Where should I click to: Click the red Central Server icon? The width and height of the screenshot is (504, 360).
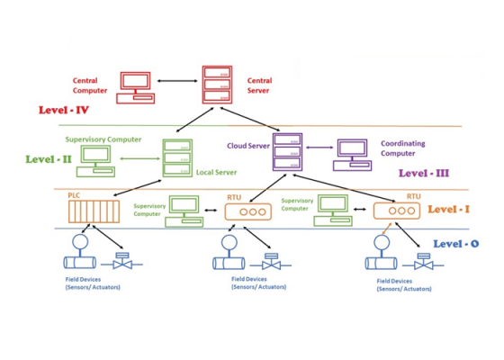click(x=217, y=85)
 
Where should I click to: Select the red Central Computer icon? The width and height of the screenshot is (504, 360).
click(x=135, y=88)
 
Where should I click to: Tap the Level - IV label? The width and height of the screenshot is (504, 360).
click(x=64, y=110)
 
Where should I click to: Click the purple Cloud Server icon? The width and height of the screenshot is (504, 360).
click(x=288, y=152)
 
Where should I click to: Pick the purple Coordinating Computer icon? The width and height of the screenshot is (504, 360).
click(x=352, y=155)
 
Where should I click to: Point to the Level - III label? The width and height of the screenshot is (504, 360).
click(x=424, y=173)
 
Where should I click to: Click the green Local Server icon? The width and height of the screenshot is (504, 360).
click(x=177, y=158)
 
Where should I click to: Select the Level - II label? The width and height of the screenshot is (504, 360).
click(x=49, y=159)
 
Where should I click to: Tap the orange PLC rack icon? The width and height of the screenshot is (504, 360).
click(x=94, y=211)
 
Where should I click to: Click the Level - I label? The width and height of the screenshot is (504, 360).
click(x=448, y=209)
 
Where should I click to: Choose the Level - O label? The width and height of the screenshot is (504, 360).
click(x=456, y=244)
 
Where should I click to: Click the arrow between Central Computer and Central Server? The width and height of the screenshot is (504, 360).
click(x=177, y=81)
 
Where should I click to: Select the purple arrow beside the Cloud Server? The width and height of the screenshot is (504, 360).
click(x=319, y=148)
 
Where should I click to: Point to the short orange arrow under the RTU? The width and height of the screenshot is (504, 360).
click(x=387, y=229)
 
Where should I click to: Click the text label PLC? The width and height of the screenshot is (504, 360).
click(x=74, y=195)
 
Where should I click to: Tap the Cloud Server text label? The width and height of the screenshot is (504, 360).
click(x=248, y=146)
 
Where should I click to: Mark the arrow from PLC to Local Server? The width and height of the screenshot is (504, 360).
click(x=138, y=188)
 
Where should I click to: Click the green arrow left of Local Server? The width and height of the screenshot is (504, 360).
click(x=139, y=158)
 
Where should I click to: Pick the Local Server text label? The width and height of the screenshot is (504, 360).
click(x=216, y=172)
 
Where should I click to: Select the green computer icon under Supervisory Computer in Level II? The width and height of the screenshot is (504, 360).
click(x=95, y=161)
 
